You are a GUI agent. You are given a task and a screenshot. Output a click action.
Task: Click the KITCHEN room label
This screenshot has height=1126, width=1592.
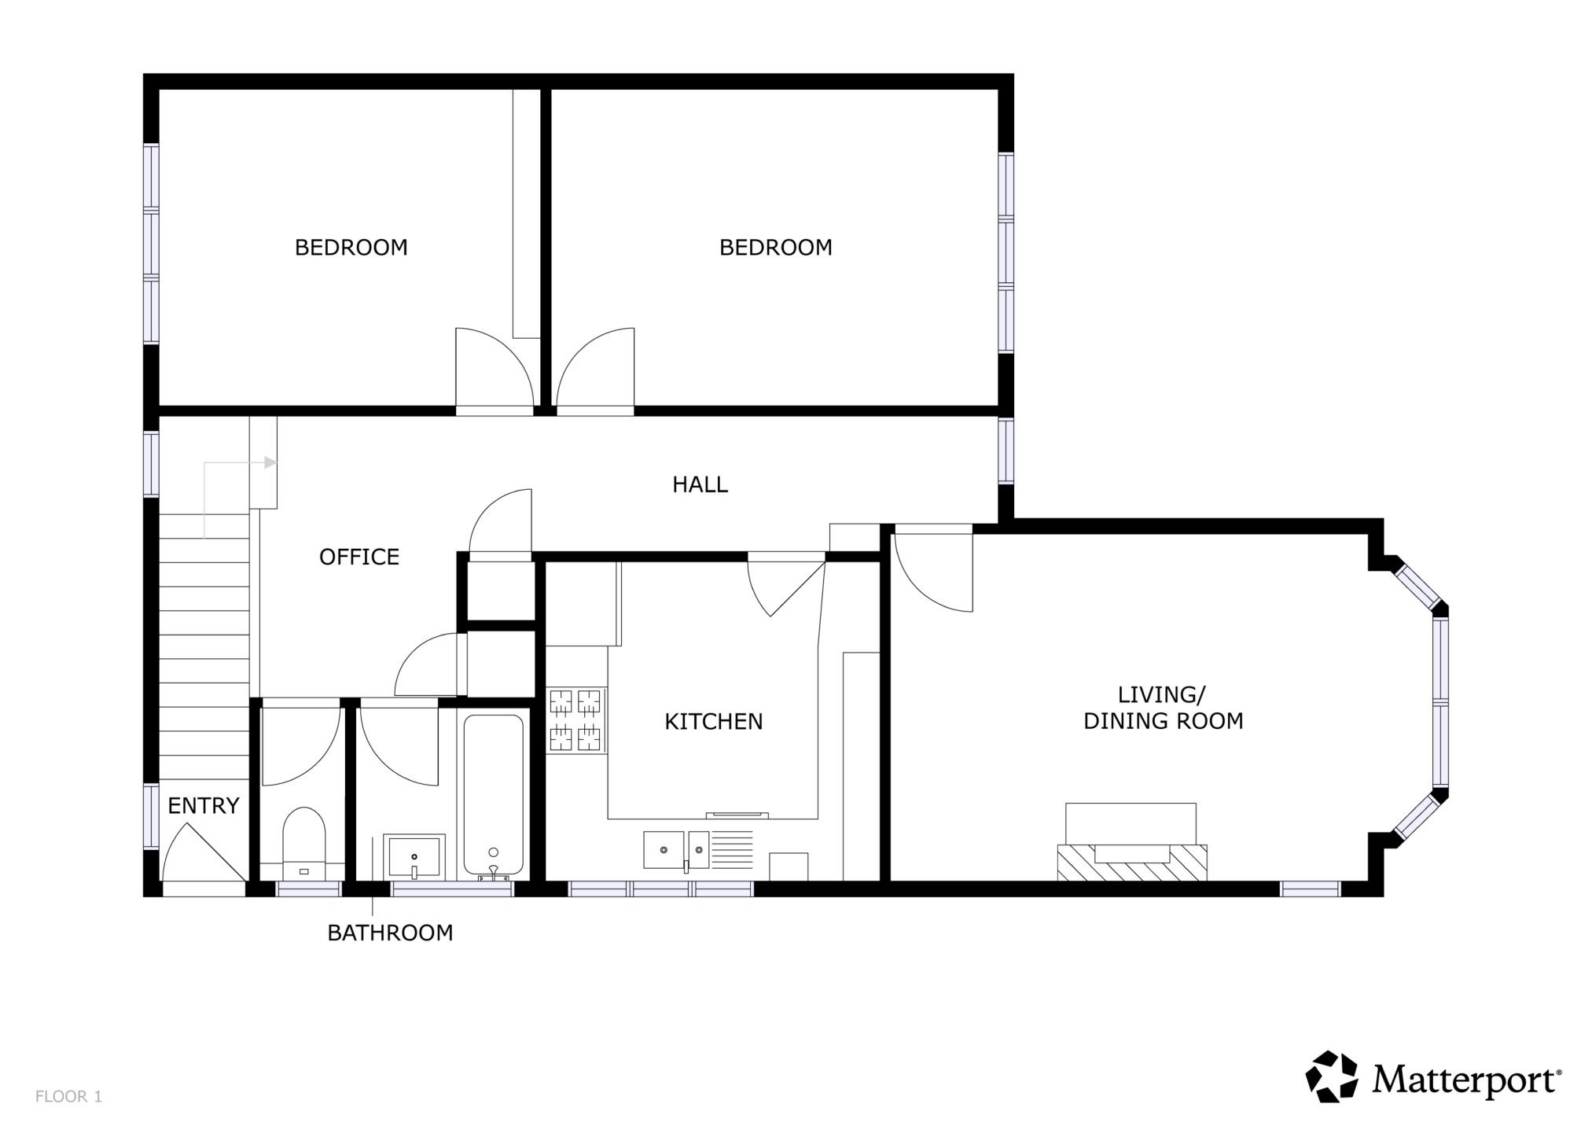click(713, 722)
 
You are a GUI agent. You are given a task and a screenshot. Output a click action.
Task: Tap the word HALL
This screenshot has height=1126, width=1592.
click(700, 484)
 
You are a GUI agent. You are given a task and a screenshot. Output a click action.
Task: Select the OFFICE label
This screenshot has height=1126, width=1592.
click(359, 557)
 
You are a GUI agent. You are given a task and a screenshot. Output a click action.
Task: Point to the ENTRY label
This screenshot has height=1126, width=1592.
click(204, 806)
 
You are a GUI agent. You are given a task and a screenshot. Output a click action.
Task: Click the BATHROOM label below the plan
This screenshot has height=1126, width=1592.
click(390, 933)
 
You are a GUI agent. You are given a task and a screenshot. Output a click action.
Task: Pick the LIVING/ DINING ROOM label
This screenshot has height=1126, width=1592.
click(1164, 708)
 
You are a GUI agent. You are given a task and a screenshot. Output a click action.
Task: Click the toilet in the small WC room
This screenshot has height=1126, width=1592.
click(303, 841)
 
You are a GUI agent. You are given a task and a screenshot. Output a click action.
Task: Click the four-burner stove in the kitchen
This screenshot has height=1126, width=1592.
click(576, 719)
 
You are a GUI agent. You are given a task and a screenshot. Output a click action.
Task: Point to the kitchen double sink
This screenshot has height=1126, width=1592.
click(676, 850)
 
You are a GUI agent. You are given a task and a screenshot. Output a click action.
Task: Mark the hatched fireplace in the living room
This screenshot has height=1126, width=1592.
click(1132, 862)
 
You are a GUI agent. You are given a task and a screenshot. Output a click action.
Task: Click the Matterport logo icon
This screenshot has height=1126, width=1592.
click(1332, 1076)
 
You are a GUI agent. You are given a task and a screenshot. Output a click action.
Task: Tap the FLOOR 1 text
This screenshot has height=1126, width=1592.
click(68, 1096)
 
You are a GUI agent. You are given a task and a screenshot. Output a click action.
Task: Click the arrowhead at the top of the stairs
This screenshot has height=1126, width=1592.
click(270, 462)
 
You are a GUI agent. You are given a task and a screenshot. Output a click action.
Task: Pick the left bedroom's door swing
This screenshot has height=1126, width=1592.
click(495, 367)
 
